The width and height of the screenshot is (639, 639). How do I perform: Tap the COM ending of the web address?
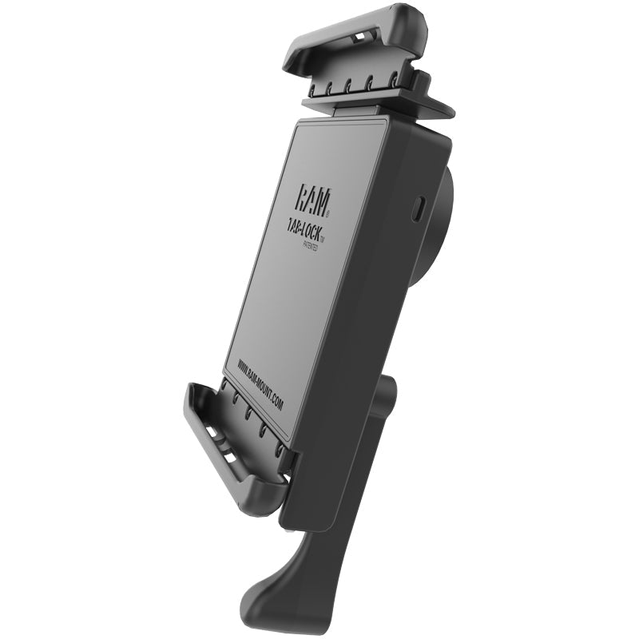pyautogui.click(x=276, y=403)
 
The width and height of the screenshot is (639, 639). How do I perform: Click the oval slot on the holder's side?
pyautogui.click(x=420, y=209)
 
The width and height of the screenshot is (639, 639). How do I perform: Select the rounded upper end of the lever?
pyautogui.click(x=389, y=391)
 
